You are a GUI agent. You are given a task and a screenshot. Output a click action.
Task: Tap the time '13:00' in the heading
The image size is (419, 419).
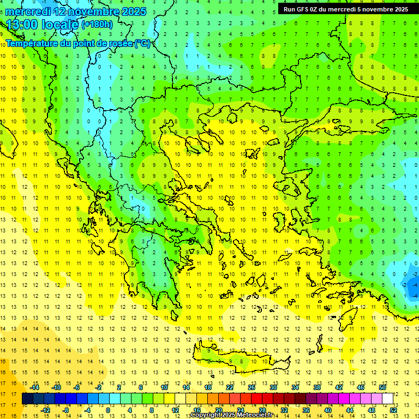tap(22, 25)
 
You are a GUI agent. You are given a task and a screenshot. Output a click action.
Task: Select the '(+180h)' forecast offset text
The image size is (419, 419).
tap(97, 24)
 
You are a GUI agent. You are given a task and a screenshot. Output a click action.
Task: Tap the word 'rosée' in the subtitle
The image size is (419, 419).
tap(119, 43)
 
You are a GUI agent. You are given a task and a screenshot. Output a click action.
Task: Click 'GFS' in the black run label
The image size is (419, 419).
tap(303, 9)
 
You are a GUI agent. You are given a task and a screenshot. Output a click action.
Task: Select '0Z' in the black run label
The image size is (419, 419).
tap(316, 9)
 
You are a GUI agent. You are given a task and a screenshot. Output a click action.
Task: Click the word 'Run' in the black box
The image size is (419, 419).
tap(289, 9)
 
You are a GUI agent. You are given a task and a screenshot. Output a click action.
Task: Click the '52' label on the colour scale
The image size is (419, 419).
tap(393, 410)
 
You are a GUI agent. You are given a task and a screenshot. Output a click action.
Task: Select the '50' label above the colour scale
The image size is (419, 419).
tap(382, 387)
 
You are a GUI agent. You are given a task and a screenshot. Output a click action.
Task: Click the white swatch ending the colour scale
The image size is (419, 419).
tap(387, 398)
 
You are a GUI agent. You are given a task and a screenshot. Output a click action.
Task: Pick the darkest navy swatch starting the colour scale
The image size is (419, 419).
tap(27, 398)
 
